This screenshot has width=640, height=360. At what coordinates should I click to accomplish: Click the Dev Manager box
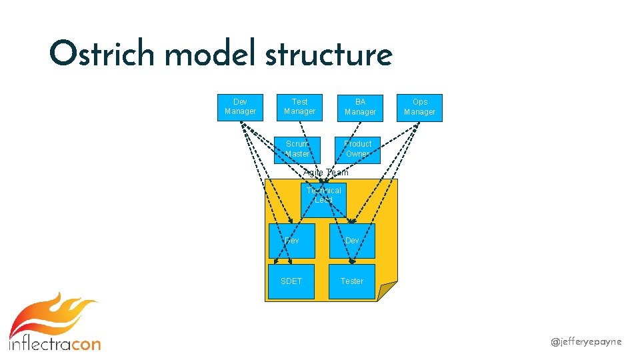[x=240, y=107]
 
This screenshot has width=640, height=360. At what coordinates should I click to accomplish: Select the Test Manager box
[x=299, y=107]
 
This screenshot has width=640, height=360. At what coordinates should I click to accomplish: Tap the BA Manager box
[x=360, y=107]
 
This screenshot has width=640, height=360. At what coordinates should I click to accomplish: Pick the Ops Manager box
[x=419, y=107]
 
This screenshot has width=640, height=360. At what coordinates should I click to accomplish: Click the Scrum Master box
[x=297, y=149]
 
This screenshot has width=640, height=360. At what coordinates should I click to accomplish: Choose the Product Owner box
[x=357, y=149]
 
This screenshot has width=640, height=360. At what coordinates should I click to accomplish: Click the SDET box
[x=291, y=281]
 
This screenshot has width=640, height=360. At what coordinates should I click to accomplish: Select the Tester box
[x=352, y=281]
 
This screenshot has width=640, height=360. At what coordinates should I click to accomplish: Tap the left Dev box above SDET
[x=291, y=241]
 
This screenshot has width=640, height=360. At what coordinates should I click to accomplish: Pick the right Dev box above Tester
[x=352, y=241]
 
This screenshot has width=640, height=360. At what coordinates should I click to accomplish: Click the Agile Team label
[x=325, y=173]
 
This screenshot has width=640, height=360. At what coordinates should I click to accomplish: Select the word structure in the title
[x=328, y=55]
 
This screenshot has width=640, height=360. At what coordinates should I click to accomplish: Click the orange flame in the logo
[x=50, y=317]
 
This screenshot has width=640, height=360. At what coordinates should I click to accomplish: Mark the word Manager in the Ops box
[x=419, y=112]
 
